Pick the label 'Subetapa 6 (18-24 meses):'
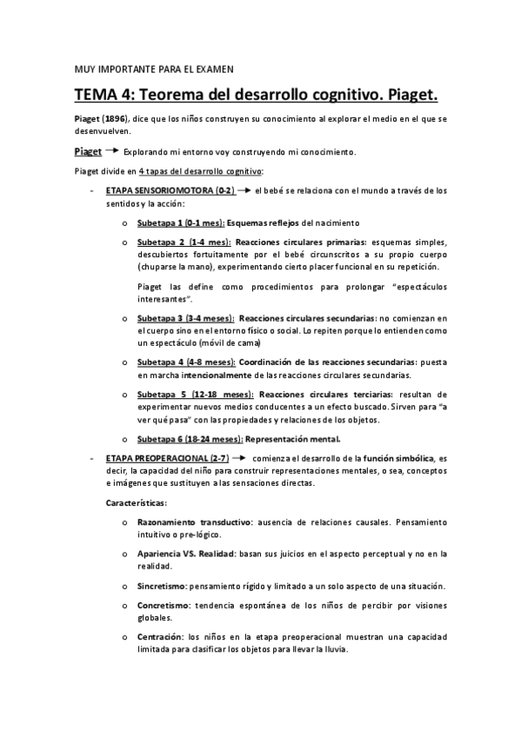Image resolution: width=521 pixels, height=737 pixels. tap(190, 438)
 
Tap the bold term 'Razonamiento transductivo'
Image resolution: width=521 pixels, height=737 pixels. tap(193, 522)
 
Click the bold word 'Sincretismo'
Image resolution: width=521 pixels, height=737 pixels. tap(161, 586)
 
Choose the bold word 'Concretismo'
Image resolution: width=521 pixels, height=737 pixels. tap(163, 605)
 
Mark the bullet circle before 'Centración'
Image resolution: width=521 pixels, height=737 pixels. tap(127, 637)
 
